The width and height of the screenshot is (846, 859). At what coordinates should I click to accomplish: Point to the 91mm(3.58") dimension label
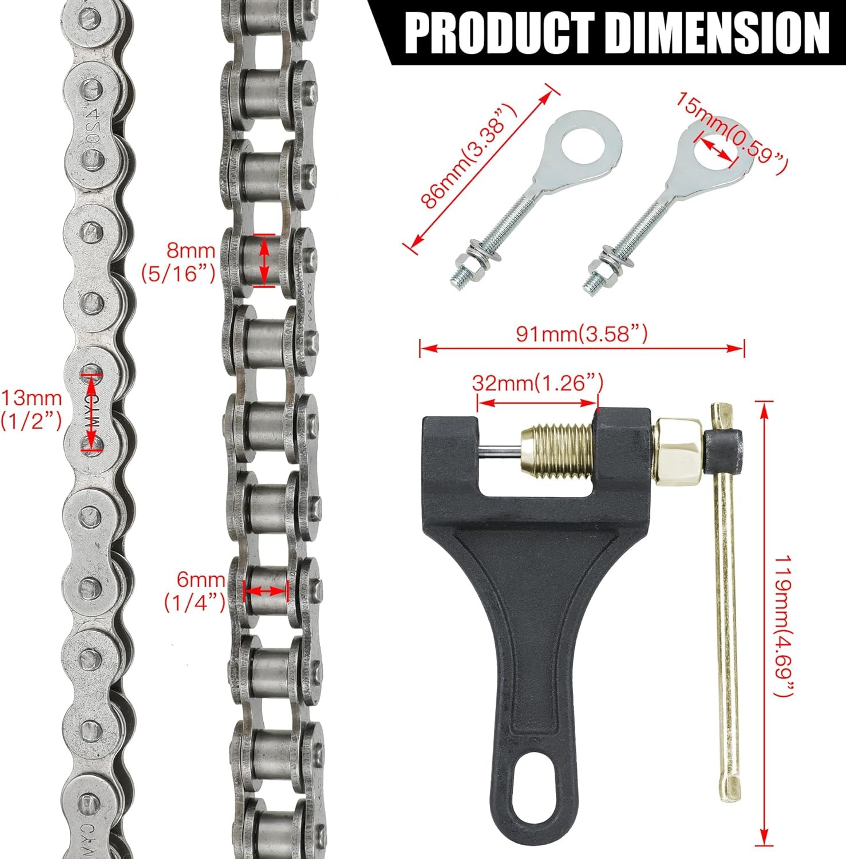pos(582,333)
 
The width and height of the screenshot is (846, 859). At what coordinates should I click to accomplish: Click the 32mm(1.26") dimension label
pos(537,382)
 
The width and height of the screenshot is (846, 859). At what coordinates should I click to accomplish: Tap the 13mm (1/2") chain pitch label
pos(31,408)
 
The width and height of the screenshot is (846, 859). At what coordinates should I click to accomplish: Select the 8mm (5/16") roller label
pos(179,262)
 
